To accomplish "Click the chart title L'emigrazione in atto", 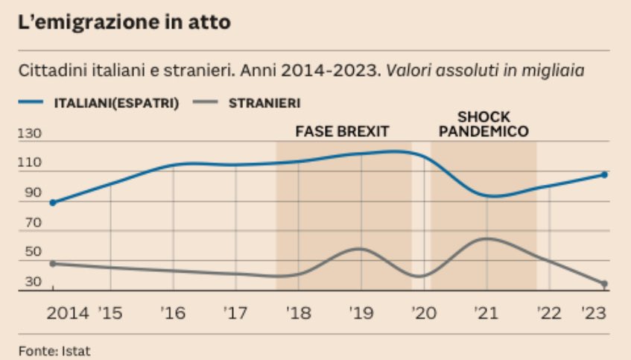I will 124,22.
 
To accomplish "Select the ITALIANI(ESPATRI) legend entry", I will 118,104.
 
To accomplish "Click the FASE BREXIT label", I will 342,131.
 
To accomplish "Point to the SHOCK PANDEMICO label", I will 483,124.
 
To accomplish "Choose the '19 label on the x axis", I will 361,313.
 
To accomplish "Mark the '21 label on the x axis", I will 486,313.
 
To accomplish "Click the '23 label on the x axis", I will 594,313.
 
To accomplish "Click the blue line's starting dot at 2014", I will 52,203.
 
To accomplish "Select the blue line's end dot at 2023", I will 604,174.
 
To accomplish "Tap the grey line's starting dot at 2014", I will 52,263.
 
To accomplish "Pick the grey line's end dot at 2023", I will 604,284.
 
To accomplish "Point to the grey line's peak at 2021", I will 486,239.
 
